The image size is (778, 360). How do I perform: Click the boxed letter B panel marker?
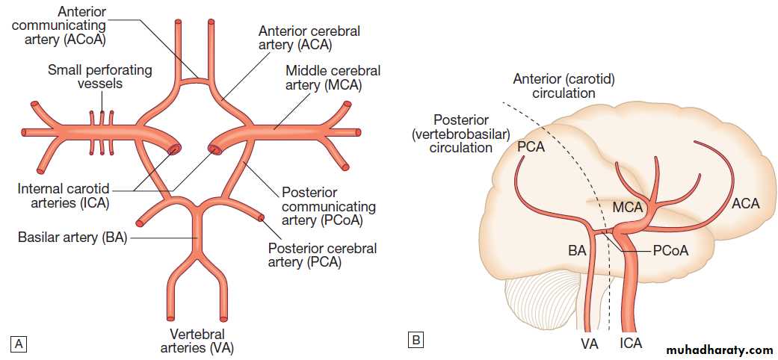(x=416, y=341)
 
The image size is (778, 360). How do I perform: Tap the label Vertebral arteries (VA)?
(x=197, y=340)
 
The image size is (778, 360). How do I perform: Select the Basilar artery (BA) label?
(x=73, y=238)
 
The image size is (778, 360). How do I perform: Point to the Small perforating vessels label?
(x=99, y=76)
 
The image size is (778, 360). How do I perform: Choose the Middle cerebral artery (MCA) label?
(x=333, y=78)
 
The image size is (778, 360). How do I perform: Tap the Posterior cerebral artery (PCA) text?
(x=321, y=255)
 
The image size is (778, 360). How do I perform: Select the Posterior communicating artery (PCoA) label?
(x=328, y=206)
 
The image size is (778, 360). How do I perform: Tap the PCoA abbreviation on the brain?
(x=670, y=252)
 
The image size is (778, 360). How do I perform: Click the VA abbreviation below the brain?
(x=589, y=344)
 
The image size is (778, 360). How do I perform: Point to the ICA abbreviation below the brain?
(x=630, y=344)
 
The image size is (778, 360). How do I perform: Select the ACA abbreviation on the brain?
(x=745, y=203)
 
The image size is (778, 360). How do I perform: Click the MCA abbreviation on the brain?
(x=628, y=207)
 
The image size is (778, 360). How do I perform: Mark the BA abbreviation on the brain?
(x=577, y=252)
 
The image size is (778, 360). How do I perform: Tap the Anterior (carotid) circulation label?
(x=564, y=87)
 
